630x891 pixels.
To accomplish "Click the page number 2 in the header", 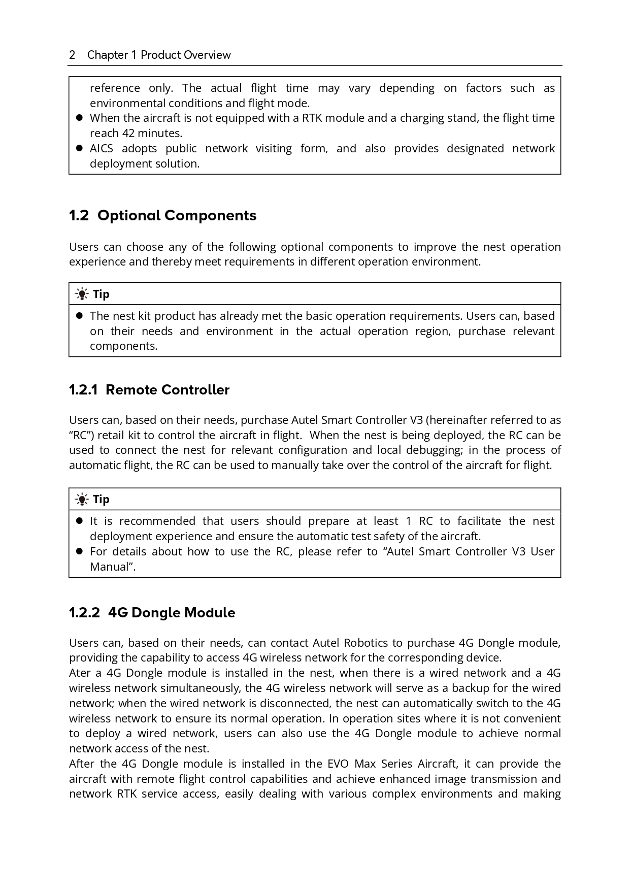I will (x=72, y=55).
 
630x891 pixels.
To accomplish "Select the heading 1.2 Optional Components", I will (x=162, y=215).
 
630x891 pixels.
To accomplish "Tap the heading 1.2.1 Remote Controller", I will (x=149, y=390).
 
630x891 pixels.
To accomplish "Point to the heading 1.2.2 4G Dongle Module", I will (x=152, y=613).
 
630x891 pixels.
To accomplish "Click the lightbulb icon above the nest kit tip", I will (x=81, y=294).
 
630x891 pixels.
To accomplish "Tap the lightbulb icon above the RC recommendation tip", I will (x=81, y=499).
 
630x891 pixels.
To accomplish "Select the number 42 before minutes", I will (x=127, y=134).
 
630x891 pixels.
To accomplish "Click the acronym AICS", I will (x=102, y=149).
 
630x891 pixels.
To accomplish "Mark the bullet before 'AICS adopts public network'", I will (x=79, y=149).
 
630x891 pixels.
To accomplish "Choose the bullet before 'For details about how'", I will (x=79, y=551).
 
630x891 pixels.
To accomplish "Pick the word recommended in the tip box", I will (x=157, y=521).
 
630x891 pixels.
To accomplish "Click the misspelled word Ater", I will (x=80, y=673).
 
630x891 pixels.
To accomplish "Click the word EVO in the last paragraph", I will (x=338, y=764).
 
